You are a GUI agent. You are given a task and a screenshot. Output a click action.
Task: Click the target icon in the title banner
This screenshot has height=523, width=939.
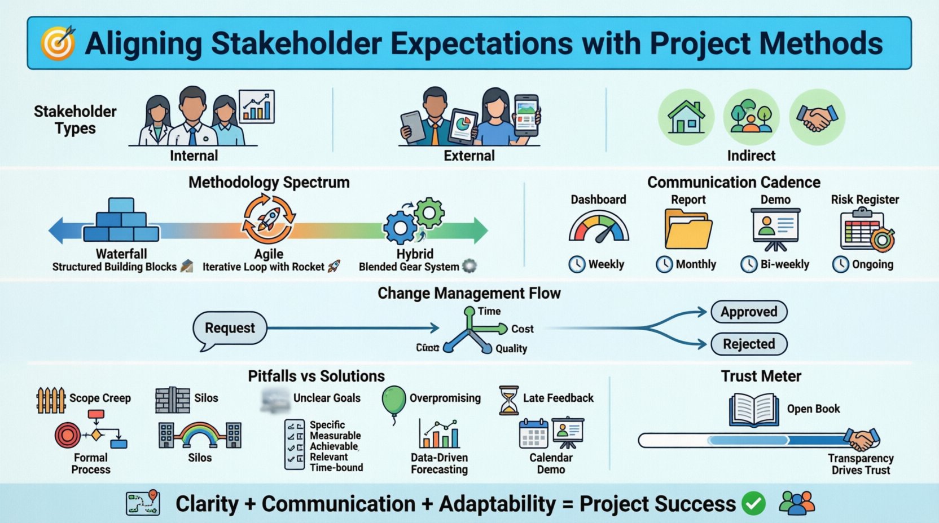tap(58, 43)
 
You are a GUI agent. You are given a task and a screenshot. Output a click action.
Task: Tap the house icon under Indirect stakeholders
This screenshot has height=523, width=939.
tap(686, 117)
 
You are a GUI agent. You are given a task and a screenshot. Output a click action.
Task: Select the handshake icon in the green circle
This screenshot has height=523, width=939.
tap(817, 117)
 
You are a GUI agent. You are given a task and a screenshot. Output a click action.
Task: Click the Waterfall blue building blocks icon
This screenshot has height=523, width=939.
tap(121, 220)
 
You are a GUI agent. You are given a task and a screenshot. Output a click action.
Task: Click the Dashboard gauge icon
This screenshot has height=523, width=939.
tap(598, 228)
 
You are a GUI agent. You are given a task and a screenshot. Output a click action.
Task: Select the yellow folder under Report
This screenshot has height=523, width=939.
tap(688, 229)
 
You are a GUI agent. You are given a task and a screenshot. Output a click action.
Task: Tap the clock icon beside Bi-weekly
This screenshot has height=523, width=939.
tap(749, 264)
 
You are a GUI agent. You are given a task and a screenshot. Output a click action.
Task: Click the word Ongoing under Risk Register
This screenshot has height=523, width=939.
tap(872, 264)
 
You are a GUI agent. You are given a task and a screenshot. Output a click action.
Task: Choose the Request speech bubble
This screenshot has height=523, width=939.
tap(230, 329)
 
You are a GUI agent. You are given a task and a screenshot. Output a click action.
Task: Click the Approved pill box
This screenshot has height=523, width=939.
tap(749, 312)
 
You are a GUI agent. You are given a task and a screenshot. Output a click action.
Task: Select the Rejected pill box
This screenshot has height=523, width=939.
tap(749, 344)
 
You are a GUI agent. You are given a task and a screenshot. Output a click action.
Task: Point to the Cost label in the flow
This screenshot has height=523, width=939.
tap(522, 329)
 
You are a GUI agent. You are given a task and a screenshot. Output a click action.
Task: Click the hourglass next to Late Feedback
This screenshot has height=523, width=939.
tap(508, 400)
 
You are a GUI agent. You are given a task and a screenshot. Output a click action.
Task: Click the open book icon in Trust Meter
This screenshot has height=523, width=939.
tap(754, 410)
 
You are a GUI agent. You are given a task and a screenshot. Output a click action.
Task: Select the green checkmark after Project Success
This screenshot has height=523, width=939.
tap(753, 503)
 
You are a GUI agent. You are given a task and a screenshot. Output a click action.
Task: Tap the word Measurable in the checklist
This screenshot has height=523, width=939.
tap(335, 436)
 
